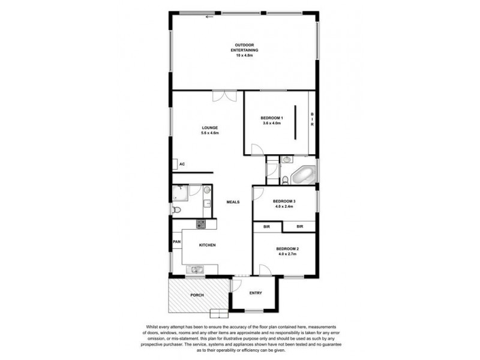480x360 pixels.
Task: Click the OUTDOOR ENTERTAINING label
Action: pos(245,47)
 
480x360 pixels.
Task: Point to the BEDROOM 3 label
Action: pos(284,201)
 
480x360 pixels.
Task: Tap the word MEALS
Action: pos(233,202)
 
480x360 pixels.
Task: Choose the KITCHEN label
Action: pos(208,245)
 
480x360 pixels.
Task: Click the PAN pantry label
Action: pos(176,242)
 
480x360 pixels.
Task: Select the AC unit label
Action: pos(181,164)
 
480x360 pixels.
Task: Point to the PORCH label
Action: pos(197,295)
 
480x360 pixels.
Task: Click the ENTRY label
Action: pos(256,293)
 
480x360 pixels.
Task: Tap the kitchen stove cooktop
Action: pos(200,224)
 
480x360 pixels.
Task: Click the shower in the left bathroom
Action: pos(179,192)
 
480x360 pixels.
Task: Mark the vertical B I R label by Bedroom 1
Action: pos(312,120)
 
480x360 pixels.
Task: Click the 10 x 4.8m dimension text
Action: pos(245,55)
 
